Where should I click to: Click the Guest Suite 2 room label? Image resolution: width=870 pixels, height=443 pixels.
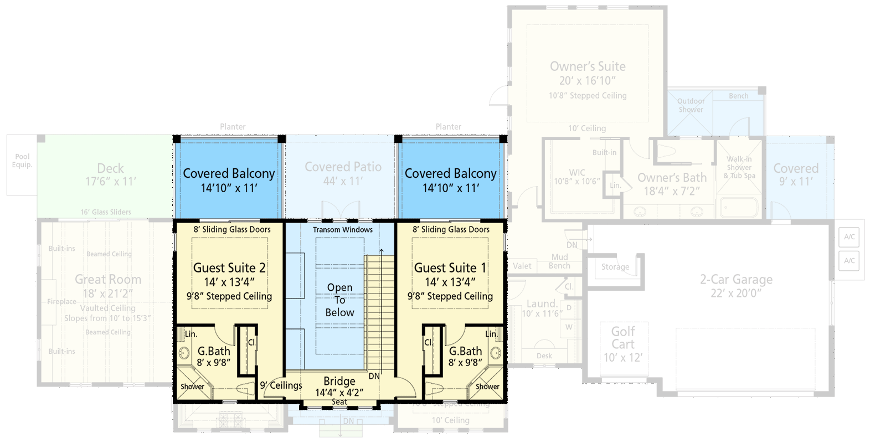coord(229,268)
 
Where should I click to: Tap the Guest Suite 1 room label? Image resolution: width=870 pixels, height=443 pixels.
coord(450,268)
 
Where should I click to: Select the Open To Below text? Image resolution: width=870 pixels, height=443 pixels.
coord(339,300)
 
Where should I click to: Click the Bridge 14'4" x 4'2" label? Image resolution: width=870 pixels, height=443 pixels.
coord(339,387)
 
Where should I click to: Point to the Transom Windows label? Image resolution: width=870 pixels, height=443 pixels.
coord(342,229)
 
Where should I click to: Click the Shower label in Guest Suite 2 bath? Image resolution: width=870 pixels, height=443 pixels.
coord(192,387)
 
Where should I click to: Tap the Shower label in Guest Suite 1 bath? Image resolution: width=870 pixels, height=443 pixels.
coord(487,387)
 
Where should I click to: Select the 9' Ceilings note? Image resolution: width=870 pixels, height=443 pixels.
coord(281,385)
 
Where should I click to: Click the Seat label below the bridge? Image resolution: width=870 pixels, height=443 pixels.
coord(339,402)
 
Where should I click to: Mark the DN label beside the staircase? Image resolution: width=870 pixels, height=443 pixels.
coord(374,376)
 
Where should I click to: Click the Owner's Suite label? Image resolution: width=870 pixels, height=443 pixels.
coord(588,66)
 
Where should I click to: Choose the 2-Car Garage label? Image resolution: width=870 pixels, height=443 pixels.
coord(736,280)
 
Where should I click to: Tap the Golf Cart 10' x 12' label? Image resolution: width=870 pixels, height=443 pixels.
coord(623,344)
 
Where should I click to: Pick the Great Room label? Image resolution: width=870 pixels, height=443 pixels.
coord(108,280)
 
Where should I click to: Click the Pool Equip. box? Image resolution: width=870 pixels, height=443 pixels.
coord(22,164)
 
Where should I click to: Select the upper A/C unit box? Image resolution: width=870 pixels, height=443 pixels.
coord(849,237)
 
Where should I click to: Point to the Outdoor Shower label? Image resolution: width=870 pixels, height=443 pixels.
coord(691,105)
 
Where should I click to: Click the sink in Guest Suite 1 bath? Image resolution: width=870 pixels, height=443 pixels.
coord(496,352)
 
